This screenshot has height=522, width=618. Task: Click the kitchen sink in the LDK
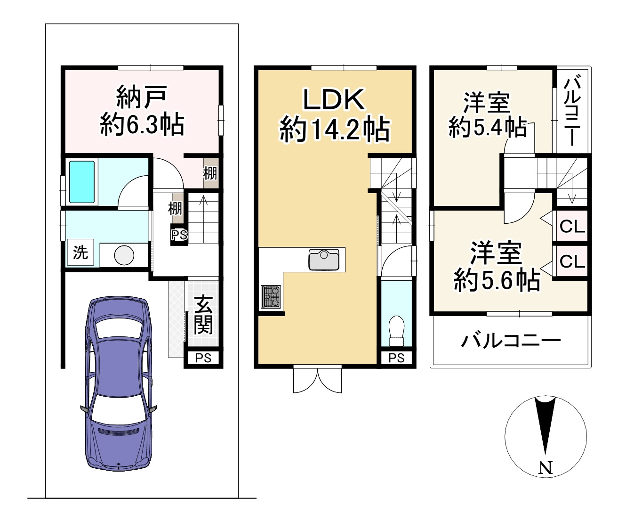[x=324, y=260]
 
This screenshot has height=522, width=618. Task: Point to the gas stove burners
[x=271, y=297]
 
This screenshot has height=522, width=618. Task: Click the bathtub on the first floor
[x=82, y=182]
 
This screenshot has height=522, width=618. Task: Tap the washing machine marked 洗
[x=80, y=253]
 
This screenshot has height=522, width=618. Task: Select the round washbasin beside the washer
[x=124, y=256]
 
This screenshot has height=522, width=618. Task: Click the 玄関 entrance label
[x=203, y=315]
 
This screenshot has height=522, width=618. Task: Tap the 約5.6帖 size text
[x=497, y=280]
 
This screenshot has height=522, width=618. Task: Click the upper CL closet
[x=572, y=227]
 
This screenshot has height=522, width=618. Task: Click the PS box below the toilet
[x=396, y=358]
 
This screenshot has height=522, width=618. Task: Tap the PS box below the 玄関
[x=203, y=358]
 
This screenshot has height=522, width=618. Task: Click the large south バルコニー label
[x=511, y=340]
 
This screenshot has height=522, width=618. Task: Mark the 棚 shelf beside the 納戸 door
[x=210, y=173]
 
